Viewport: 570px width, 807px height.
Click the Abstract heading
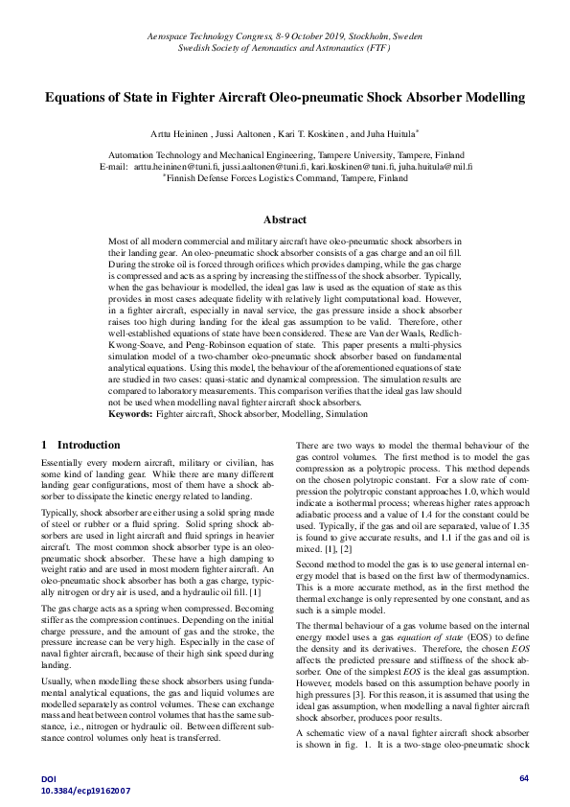(285, 219)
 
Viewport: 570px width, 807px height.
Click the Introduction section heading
(89, 445)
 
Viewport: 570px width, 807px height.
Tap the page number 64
(523, 778)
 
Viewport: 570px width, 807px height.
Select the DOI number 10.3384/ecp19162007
(85, 791)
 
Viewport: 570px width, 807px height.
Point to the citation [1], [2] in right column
(351, 549)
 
